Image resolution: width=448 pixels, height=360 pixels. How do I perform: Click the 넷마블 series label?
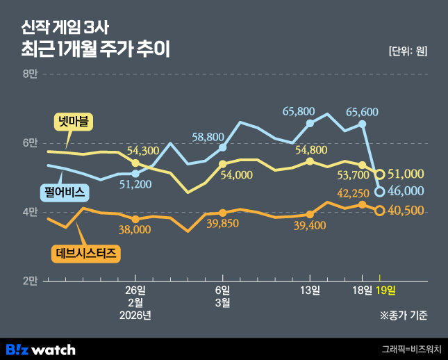(74, 122)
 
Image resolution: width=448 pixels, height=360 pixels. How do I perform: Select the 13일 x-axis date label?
(310, 290)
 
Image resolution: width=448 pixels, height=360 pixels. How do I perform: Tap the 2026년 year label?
(135, 315)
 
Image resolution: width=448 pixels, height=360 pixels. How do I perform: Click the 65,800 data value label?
(299, 111)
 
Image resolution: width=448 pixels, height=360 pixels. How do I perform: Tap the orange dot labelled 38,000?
(135, 219)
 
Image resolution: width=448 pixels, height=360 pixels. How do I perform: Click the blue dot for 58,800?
(223, 147)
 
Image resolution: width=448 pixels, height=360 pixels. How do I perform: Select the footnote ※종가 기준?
(404, 315)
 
